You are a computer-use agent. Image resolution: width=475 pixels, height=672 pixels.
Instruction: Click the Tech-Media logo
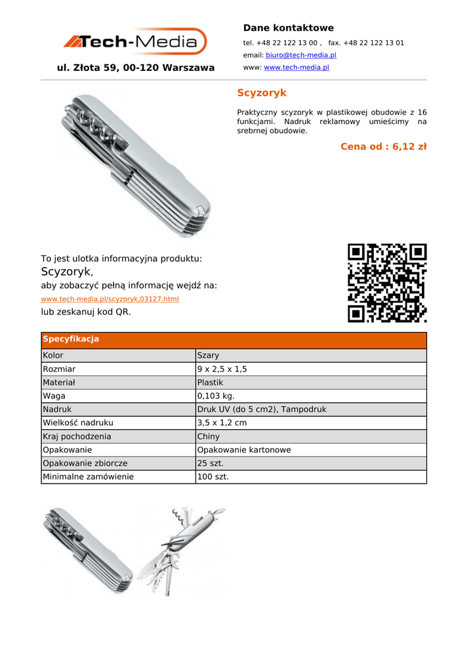(x=135, y=42)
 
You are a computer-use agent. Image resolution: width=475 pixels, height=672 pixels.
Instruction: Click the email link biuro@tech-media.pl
(x=300, y=55)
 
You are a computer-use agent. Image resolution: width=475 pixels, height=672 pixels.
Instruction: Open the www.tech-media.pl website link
(x=296, y=68)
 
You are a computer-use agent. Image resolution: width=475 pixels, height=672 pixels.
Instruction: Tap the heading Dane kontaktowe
(x=288, y=28)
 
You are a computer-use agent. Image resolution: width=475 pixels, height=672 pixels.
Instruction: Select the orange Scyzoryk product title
(x=261, y=93)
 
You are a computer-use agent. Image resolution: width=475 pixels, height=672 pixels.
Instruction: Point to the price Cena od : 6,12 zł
(x=383, y=146)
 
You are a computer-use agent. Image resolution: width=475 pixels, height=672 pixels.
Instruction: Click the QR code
(x=387, y=283)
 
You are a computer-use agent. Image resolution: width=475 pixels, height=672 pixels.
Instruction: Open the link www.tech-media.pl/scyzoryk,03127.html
(x=110, y=299)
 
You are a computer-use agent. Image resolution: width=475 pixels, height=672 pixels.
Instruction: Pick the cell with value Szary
(x=208, y=356)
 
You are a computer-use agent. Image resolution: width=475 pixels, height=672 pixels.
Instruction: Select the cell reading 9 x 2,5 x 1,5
(x=222, y=369)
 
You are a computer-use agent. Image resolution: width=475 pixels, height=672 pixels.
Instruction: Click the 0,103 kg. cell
(x=215, y=396)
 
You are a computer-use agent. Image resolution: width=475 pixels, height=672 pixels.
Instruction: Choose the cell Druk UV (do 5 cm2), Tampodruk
(x=261, y=409)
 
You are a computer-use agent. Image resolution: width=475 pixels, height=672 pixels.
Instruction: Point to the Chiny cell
(x=208, y=436)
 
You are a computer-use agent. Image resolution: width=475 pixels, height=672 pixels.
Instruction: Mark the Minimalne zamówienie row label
(x=88, y=476)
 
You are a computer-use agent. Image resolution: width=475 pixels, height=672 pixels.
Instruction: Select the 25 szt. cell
(x=210, y=463)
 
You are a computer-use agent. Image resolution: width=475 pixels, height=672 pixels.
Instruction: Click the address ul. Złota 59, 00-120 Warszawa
(x=136, y=68)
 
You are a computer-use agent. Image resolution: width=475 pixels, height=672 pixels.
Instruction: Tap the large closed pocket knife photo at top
(x=136, y=164)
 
